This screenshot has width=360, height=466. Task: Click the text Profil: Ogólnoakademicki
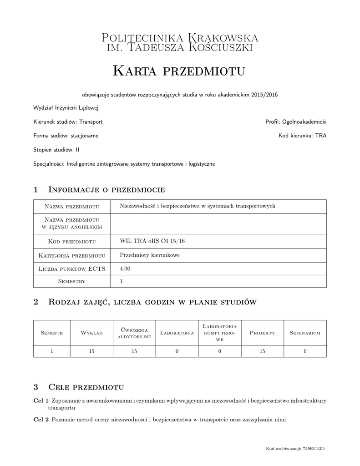(x=296, y=122)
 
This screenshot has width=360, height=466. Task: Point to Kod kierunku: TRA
(x=303, y=136)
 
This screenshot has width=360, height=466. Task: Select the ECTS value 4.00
(x=125, y=268)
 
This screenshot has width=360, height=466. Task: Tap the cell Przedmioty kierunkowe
(x=149, y=255)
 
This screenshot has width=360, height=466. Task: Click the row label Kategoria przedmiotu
(x=72, y=255)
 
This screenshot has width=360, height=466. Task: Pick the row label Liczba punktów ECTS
(x=72, y=269)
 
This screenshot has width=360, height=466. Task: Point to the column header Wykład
(x=91, y=333)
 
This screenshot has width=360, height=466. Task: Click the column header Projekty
(x=262, y=333)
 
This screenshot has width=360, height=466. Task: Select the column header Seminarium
(x=305, y=333)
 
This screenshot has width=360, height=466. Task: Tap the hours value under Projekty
(x=262, y=351)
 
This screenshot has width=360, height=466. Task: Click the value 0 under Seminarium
(x=305, y=351)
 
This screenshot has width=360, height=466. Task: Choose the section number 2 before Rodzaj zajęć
(x=36, y=302)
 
